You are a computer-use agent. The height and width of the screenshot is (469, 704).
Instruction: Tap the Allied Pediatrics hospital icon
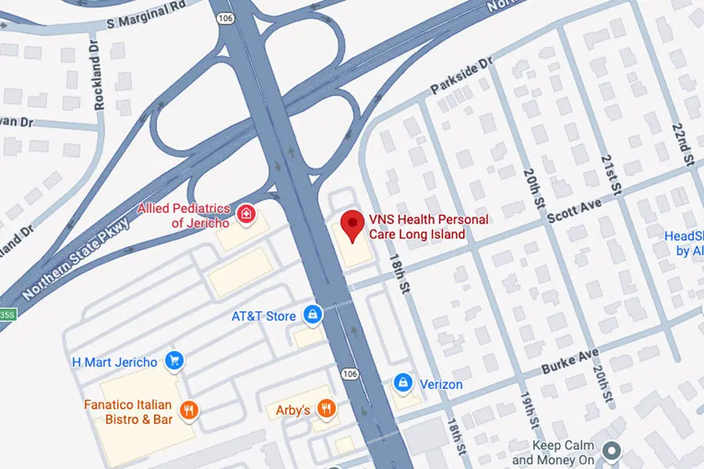coord(246,213)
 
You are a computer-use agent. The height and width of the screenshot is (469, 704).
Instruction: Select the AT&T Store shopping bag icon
coord(313,315)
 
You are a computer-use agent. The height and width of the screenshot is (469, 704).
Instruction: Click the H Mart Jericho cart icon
coord(174,361)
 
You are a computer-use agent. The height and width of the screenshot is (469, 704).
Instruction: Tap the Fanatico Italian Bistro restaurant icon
coord(188,410)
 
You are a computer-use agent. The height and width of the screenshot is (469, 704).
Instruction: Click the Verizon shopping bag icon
coord(403,383)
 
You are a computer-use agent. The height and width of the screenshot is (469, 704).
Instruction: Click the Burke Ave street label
coord(569,360)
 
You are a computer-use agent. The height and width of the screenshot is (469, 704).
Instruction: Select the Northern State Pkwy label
coord(77,259)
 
